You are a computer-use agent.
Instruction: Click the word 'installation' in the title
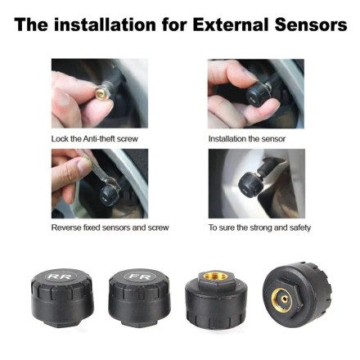[x=105, y=25]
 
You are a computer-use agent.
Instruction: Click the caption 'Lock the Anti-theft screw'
[x=93, y=139]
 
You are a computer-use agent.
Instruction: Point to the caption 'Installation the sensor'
[x=247, y=139]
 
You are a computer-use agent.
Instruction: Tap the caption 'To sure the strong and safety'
[x=259, y=227]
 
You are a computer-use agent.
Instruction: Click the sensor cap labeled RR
[x=61, y=295]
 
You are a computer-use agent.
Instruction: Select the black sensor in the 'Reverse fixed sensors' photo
[x=109, y=193]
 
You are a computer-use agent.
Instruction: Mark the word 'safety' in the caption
[x=299, y=227]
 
